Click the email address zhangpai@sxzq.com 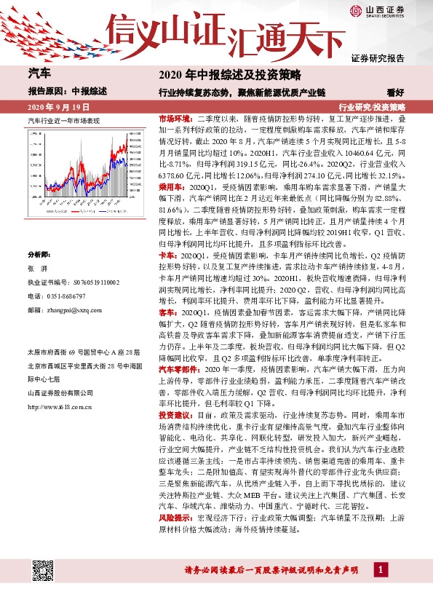79,309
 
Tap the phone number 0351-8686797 74,296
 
